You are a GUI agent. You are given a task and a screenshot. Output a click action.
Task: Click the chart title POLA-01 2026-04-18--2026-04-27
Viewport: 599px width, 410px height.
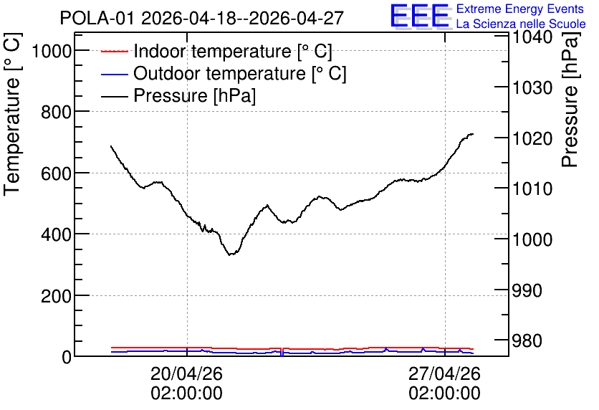(x=202, y=18)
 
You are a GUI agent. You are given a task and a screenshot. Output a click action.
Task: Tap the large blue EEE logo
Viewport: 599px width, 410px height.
(x=419, y=16)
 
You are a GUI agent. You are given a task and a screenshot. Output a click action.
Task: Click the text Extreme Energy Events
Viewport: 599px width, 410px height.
(x=520, y=9)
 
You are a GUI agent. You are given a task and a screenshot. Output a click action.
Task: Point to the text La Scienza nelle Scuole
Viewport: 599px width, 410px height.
(x=521, y=24)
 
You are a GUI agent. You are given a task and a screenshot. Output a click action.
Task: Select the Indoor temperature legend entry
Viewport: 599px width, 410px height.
(x=216, y=51)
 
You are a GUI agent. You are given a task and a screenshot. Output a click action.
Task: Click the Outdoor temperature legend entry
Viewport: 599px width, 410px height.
(x=224, y=73)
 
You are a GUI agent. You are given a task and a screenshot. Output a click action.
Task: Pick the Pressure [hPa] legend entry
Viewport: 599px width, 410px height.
(x=178, y=95)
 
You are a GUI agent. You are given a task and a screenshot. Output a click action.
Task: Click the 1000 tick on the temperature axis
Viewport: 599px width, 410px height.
(x=52, y=50)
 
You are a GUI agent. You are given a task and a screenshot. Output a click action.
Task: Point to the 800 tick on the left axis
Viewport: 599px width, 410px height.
(x=56, y=112)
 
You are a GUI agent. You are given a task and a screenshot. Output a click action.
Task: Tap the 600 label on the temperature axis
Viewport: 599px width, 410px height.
(x=56, y=173)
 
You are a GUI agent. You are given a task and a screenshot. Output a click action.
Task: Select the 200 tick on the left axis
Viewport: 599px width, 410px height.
(x=56, y=296)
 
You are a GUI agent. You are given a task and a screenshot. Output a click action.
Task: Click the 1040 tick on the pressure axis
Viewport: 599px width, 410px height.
(x=532, y=37)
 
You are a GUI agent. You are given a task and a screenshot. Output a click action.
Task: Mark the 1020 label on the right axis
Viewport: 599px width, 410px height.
(x=532, y=138)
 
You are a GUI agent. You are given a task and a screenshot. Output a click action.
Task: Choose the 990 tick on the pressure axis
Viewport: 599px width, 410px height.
(x=527, y=290)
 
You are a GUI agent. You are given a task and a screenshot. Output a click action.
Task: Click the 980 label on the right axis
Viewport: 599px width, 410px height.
(x=527, y=340)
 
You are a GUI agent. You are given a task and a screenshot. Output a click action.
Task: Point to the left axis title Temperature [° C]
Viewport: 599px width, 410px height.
(x=12, y=114)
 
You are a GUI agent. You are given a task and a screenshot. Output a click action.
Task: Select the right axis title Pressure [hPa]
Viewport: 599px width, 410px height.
(x=570, y=99)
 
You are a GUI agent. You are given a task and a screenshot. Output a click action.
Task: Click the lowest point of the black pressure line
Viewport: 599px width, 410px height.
(x=229, y=255)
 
